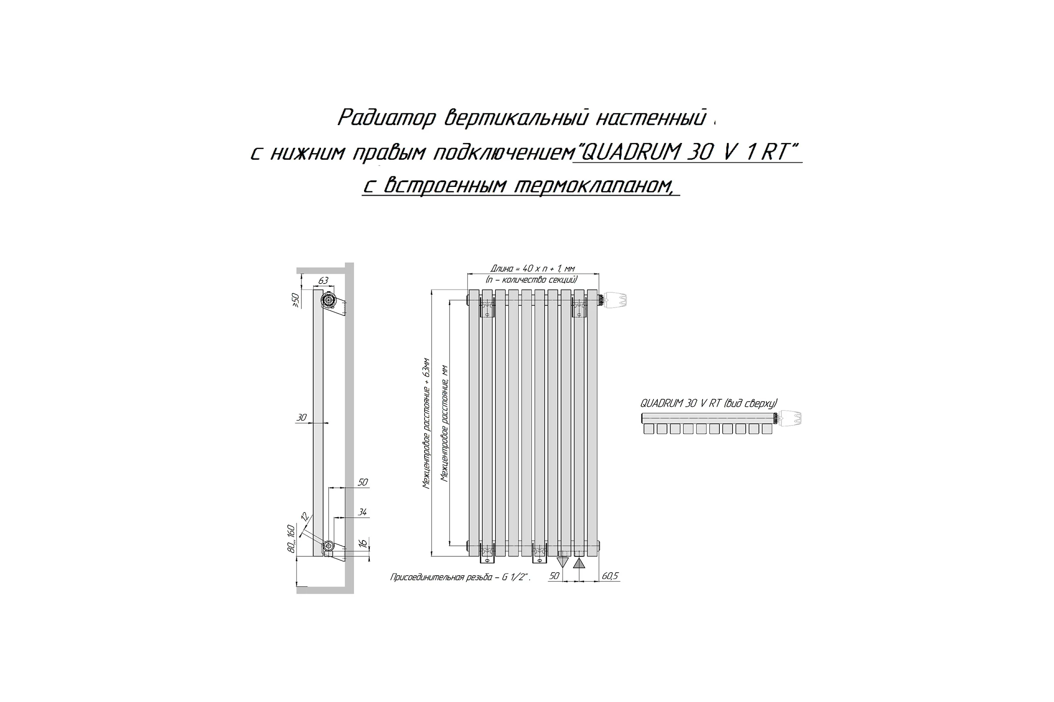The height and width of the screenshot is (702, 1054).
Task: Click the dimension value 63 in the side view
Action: pos(323,281)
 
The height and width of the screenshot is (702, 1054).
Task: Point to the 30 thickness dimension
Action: pos(302,418)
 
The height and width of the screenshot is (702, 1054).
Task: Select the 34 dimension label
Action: pos(363,512)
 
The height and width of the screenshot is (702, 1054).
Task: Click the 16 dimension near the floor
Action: pos(364,543)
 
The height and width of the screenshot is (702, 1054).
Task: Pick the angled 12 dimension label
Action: pos(305,517)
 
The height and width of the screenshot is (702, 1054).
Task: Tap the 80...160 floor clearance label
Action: pos(291,539)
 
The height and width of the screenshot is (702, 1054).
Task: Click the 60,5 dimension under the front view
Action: pos(610,576)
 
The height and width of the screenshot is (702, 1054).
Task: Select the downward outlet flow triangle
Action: pos(563,563)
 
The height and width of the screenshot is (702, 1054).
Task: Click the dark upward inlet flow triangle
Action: pos(579,563)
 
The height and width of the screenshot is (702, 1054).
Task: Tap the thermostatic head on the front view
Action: pos(614,300)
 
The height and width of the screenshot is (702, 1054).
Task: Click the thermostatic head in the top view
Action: pos(790,418)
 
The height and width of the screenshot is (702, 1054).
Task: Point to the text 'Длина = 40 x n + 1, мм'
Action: pos(532,269)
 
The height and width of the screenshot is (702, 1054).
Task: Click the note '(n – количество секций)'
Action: pos(532,280)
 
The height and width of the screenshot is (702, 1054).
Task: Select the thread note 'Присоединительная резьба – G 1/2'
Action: pos(460,577)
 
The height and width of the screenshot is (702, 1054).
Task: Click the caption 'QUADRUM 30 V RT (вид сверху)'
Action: pos(708,403)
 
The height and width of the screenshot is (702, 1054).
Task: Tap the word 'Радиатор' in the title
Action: pos(386,118)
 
